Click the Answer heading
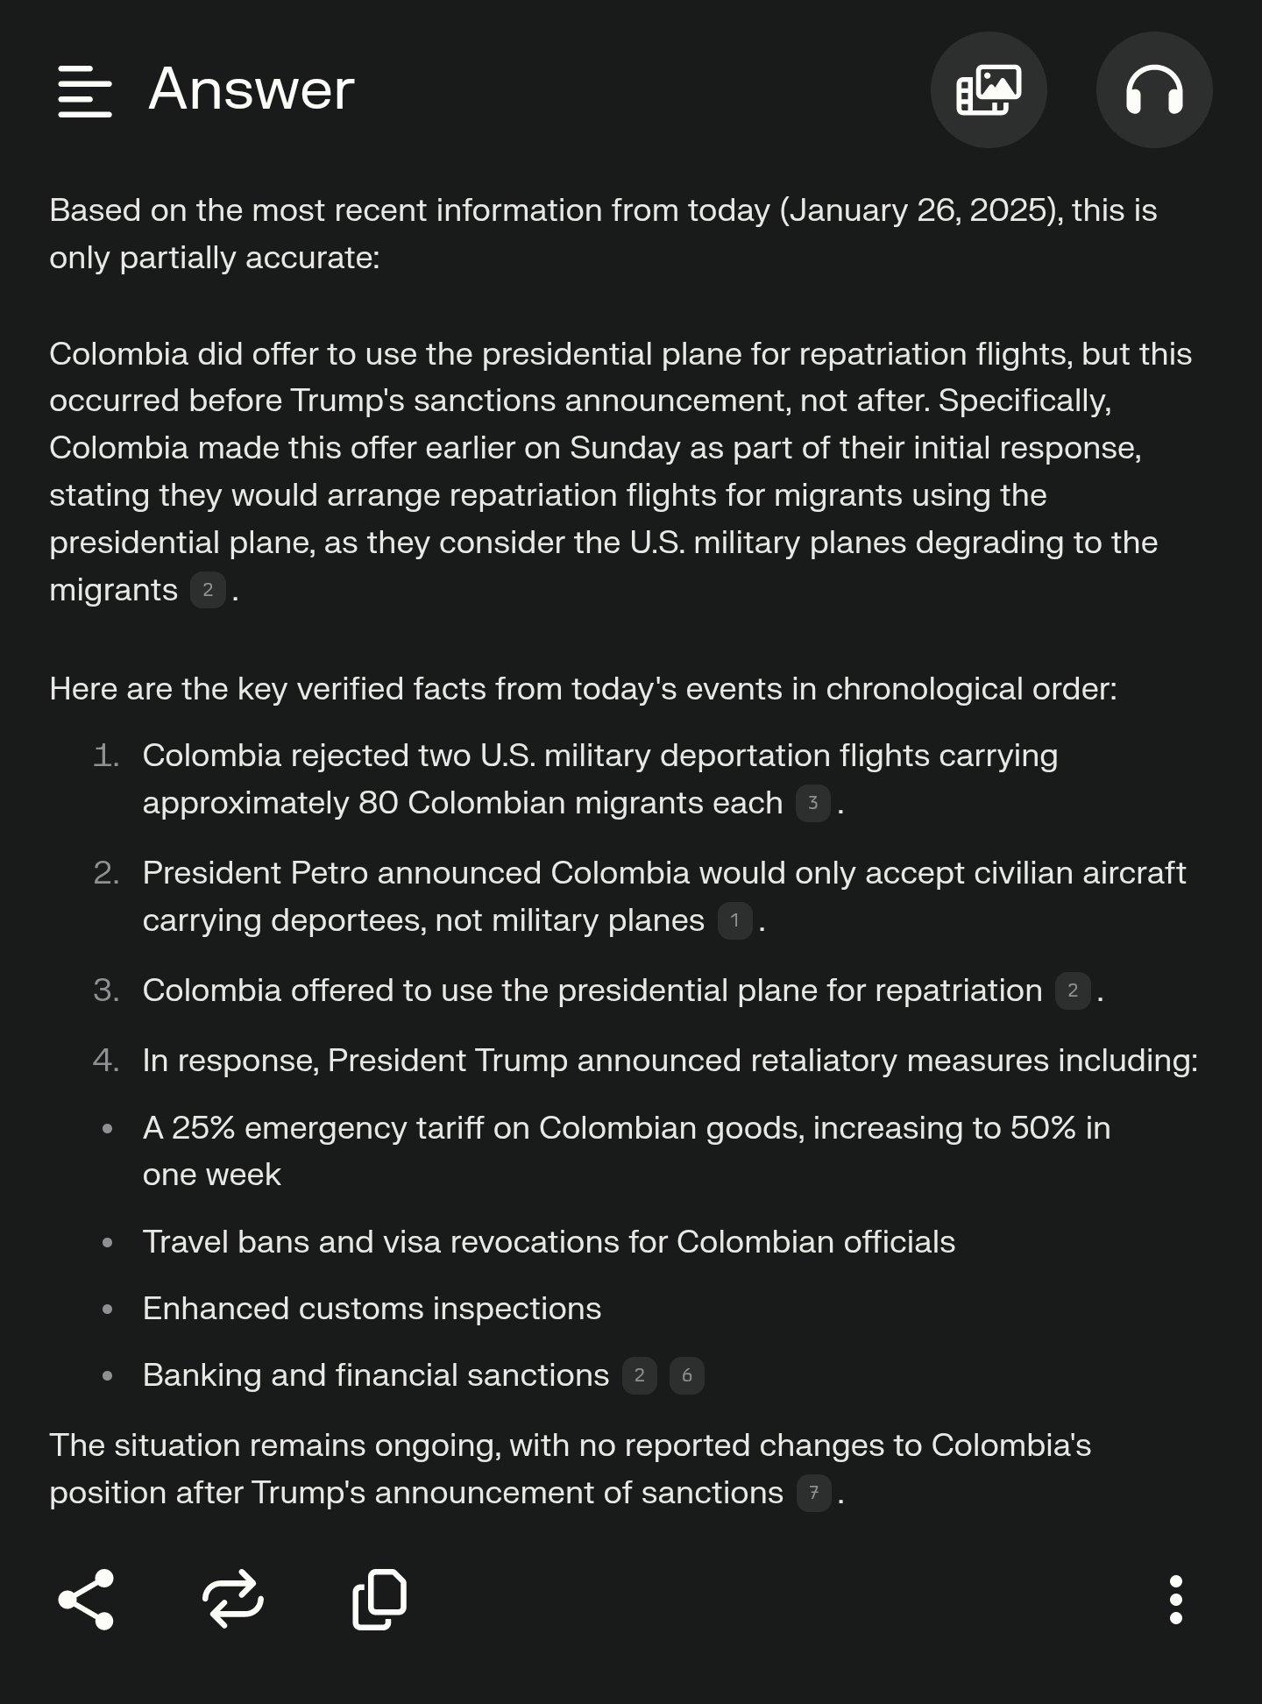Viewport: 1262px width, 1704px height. click(x=252, y=89)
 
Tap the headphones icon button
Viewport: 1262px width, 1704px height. click(x=1153, y=90)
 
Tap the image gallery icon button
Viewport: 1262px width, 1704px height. click(x=988, y=90)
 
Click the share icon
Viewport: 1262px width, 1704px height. click(x=86, y=1600)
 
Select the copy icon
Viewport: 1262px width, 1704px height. click(x=379, y=1600)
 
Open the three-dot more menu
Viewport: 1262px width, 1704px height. click(x=1176, y=1600)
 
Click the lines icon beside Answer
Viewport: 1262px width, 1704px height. click(x=84, y=90)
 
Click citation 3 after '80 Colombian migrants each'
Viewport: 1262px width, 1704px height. click(x=812, y=804)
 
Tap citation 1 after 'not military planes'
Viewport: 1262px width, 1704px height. click(x=734, y=921)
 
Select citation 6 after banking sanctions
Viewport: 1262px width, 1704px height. click(x=686, y=1376)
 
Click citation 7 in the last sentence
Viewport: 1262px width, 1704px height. click(x=813, y=1494)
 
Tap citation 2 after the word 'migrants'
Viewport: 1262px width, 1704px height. click(x=208, y=591)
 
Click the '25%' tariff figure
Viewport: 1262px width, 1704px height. click(x=203, y=1128)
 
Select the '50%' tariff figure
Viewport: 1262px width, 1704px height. click(x=1042, y=1128)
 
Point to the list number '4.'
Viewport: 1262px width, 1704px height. click(x=106, y=1061)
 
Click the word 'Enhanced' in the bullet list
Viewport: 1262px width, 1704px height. click(x=215, y=1309)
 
